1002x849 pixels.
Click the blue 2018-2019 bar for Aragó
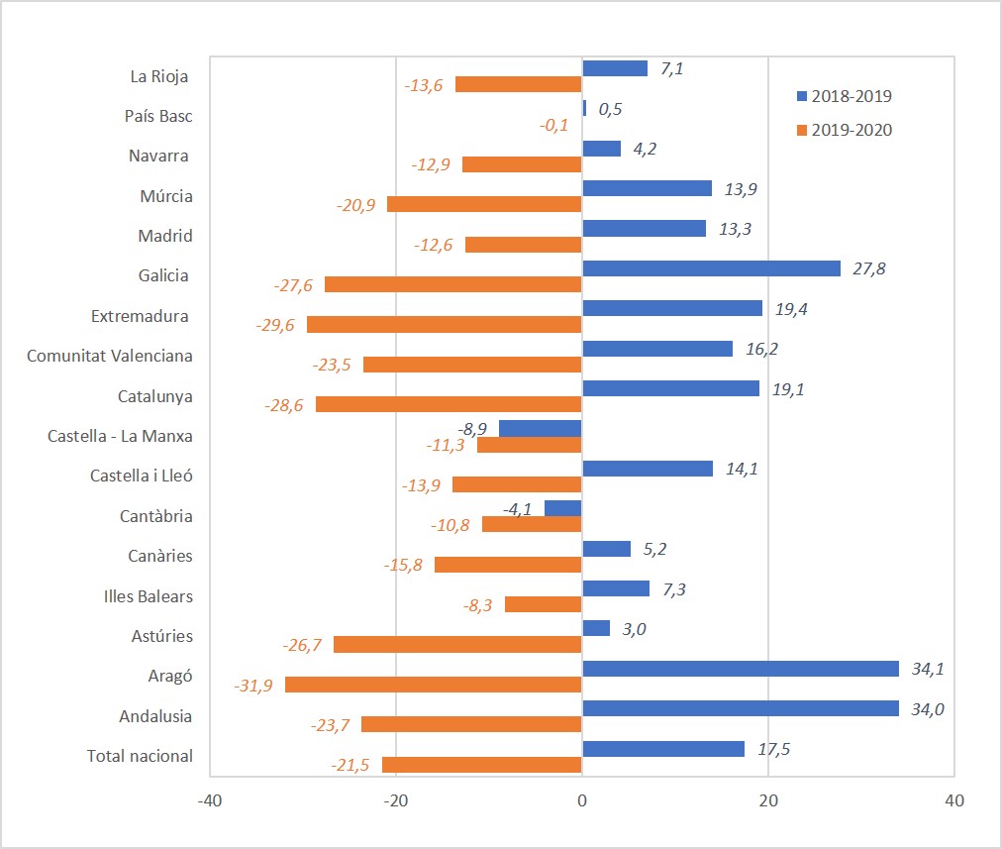tap(741, 669)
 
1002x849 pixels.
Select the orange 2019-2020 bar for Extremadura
tap(445, 324)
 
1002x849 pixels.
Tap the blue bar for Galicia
tap(711, 268)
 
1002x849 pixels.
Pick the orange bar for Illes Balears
tap(544, 604)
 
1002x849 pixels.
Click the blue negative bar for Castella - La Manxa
tap(541, 428)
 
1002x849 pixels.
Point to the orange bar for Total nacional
tap(482, 765)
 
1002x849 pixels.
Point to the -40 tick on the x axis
tap(209, 798)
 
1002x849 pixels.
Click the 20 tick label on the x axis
tap(767, 798)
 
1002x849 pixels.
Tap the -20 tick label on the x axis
tap(395, 798)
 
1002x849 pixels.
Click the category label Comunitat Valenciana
tap(110, 356)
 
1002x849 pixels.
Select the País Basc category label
tap(158, 116)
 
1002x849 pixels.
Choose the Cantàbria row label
tap(156, 516)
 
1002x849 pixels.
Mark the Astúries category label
tap(161, 636)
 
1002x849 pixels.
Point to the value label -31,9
tap(253, 685)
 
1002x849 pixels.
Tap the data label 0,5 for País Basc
tap(610, 109)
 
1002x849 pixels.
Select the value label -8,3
tap(477, 604)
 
